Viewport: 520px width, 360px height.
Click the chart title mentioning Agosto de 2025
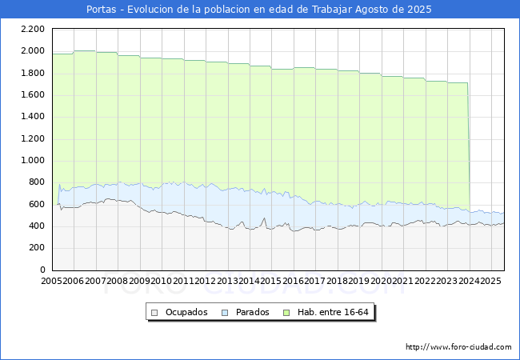[259, 10]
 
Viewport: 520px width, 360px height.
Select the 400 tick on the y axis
[36, 226]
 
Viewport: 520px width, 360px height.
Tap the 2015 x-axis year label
[272, 282]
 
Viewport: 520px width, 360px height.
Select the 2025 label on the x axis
[490, 282]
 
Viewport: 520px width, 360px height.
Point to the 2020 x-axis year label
[381, 282]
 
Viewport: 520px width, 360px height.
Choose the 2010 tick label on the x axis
[162, 282]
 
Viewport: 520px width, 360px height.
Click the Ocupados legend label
[186, 312]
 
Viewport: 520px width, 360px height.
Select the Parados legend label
[251, 312]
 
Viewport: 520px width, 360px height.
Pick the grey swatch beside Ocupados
[155, 312]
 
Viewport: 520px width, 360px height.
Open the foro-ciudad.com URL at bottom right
[458, 347]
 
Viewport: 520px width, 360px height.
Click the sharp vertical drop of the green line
[468, 144]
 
